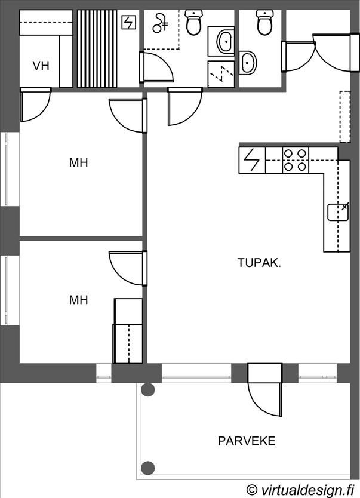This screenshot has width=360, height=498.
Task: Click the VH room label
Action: pos(41,66)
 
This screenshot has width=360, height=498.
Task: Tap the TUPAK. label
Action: pos(259,263)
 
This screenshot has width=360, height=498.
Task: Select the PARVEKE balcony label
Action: pos(247,441)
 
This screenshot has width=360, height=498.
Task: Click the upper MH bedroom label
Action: pos(78,162)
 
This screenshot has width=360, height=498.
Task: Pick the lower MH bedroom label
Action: pos(78,300)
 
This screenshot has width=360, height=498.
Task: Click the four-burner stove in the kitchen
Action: pos(296,160)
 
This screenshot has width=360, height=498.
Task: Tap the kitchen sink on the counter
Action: pos(338,212)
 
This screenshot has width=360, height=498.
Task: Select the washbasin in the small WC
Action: pos(247,63)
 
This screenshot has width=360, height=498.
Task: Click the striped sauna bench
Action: pos(97,48)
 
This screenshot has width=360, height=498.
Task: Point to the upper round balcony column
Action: pos(148,389)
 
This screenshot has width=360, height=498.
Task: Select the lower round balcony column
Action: pos(148,468)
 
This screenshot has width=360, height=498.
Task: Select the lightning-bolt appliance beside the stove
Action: pos(252,160)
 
